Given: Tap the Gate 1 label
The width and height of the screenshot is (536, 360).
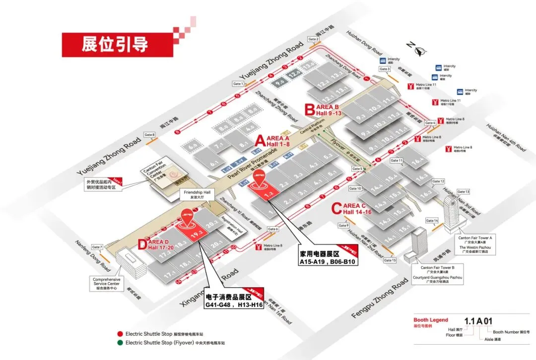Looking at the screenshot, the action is point(238,84).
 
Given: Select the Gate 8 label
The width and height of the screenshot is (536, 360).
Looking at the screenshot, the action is point(149,134).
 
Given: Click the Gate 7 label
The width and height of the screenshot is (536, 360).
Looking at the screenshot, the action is point(97,247).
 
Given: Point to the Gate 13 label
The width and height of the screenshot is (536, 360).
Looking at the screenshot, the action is point(463,191).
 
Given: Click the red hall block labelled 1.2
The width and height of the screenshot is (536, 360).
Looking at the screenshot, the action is point(268,196).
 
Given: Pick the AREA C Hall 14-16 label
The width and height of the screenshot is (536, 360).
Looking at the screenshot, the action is point(355,209).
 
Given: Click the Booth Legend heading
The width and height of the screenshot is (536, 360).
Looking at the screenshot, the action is point(430,320).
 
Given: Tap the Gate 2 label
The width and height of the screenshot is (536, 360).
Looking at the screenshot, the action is point(313,39).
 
